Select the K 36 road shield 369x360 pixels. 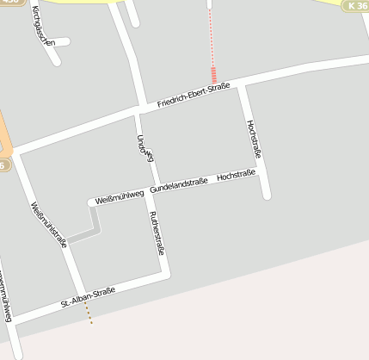356,6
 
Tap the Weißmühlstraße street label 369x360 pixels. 49,224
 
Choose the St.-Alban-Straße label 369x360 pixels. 88,298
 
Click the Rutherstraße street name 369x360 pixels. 156,233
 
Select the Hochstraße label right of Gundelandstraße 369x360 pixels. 237,175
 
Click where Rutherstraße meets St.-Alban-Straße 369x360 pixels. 167,276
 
